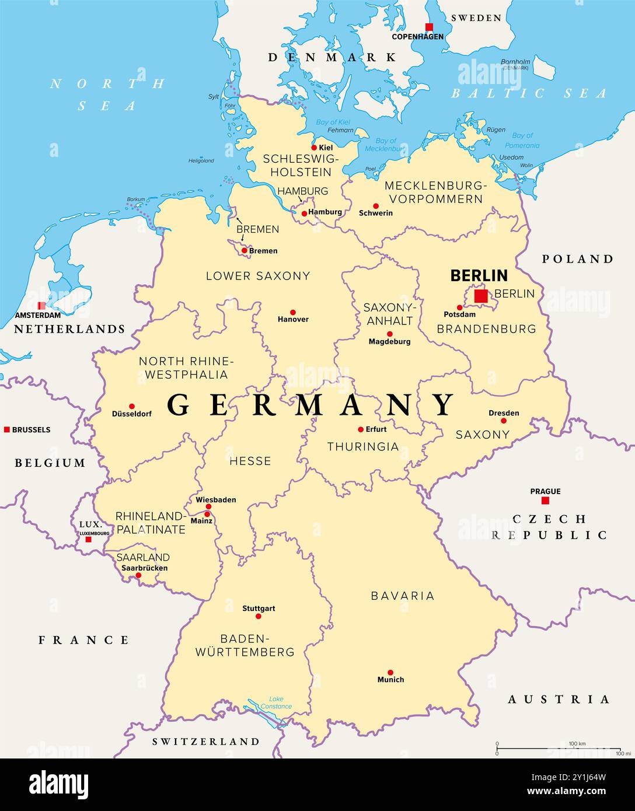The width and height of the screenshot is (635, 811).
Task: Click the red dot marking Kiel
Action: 314,148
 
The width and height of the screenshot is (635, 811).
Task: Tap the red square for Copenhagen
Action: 429,27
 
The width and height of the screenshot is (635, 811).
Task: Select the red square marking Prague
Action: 545,501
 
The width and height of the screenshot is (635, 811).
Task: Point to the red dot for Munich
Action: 390,672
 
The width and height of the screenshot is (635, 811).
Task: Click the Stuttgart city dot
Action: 259,616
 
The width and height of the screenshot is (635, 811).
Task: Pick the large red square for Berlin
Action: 481,296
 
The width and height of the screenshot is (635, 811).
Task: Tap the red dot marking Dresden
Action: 504,421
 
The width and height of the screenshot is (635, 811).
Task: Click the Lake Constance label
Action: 276,702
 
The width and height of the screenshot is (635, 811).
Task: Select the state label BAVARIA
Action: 403,596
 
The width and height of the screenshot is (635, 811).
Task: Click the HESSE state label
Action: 250,461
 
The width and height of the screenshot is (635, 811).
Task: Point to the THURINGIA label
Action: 363,446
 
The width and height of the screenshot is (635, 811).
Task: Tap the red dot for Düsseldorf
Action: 132,406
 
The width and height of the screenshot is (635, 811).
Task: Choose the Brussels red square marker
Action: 7,429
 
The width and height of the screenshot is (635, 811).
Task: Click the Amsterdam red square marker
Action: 41,306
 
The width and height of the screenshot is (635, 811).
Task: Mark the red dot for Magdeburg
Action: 390,334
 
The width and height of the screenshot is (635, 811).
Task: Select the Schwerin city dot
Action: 376,206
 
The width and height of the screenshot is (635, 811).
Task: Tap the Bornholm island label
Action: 516,62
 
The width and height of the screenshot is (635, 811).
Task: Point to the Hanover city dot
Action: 293,312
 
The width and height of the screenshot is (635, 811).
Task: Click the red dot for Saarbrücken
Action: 138,575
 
